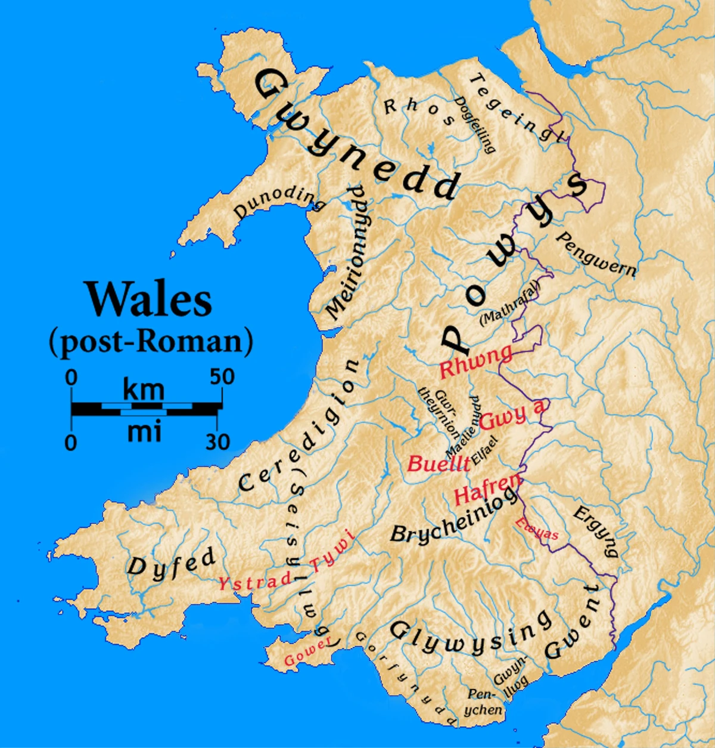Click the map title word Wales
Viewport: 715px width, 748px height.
[x=150, y=299]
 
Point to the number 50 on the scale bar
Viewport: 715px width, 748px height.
[x=222, y=377]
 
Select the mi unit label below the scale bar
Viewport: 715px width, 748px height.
[x=144, y=431]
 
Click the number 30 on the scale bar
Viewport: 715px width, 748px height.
[x=217, y=442]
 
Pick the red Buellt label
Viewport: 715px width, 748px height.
[x=438, y=463]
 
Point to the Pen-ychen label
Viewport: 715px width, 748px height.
[x=484, y=702]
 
